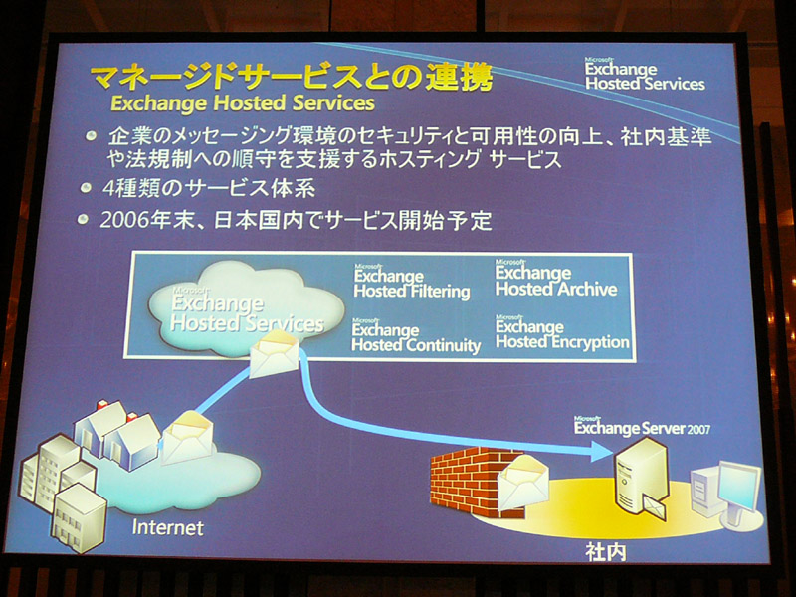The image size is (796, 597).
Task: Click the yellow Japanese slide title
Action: click(x=292, y=78)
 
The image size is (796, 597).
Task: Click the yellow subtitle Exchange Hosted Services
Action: click(x=243, y=103)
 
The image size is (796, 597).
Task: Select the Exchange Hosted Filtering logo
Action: click(x=412, y=282)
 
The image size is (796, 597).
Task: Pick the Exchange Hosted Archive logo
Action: click(x=556, y=279)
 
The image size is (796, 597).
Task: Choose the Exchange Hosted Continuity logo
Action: click(x=416, y=335)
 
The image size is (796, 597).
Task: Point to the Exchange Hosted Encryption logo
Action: click(x=562, y=332)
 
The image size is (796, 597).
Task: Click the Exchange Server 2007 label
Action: click(x=642, y=427)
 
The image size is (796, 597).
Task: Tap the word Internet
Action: click(x=167, y=528)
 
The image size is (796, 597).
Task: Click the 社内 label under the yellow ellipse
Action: click(x=606, y=552)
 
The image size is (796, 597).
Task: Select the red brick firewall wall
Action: click(x=470, y=482)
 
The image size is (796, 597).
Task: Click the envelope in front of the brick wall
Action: click(x=522, y=483)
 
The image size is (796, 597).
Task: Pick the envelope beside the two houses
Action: click(x=187, y=438)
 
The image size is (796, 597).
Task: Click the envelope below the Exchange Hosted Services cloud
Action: click(x=275, y=353)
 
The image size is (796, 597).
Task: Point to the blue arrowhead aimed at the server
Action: click(x=601, y=451)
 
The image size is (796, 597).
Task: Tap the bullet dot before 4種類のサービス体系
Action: click(x=87, y=188)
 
